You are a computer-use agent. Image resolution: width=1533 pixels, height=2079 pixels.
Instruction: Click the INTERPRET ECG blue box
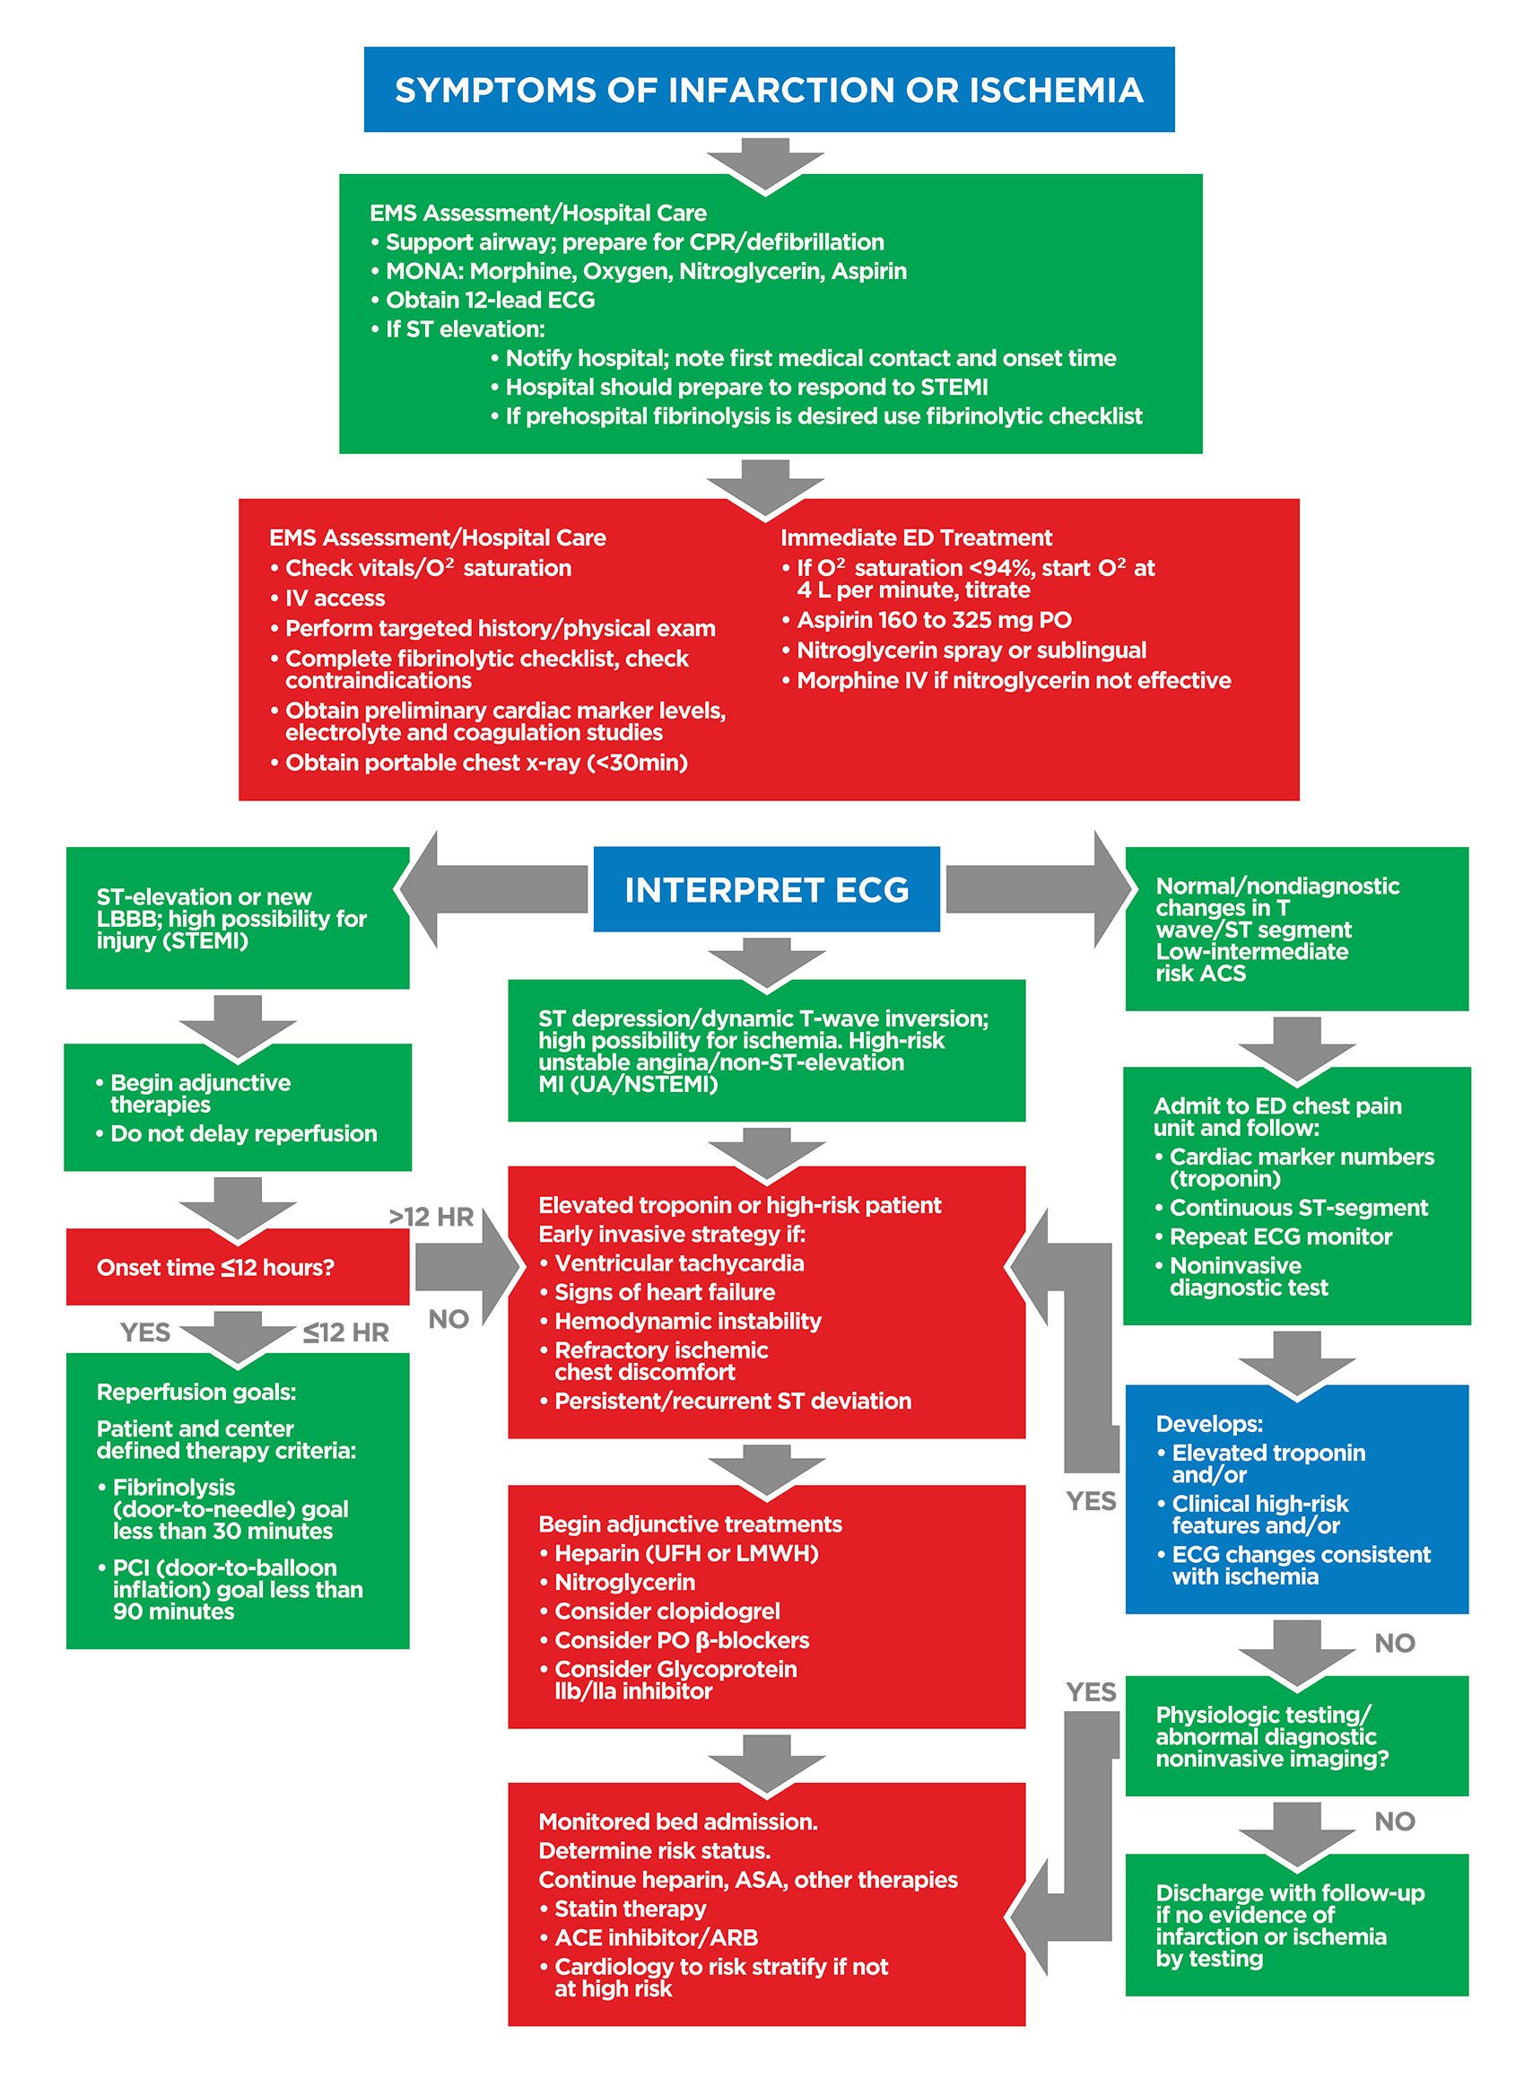(x=766, y=889)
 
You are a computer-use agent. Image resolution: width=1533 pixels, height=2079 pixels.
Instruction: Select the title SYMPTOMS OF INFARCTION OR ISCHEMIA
(x=769, y=90)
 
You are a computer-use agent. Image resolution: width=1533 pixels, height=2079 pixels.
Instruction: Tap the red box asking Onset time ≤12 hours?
(x=238, y=1267)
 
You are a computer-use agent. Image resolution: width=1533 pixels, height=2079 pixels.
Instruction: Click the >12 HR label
(x=431, y=1217)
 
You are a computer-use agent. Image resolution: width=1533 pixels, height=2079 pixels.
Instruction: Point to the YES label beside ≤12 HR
(x=145, y=1332)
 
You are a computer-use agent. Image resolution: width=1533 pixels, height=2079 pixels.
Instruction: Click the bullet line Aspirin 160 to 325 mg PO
(x=934, y=620)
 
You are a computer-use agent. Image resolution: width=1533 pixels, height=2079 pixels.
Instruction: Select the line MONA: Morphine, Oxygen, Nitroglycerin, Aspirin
(x=646, y=271)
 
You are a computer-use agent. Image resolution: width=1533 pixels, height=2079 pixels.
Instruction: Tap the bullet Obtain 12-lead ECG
(x=490, y=300)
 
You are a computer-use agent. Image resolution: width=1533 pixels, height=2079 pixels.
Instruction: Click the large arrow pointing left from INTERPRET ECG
(x=492, y=889)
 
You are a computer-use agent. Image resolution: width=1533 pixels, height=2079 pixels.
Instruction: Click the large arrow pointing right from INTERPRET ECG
(x=1040, y=889)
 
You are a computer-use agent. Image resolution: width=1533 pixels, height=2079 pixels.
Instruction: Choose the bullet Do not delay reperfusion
(x=243, y=1133)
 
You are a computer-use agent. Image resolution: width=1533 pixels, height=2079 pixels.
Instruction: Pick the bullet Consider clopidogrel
(x=666, y=1612)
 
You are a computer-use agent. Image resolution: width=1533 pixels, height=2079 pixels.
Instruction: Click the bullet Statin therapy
(x=629, y=1909)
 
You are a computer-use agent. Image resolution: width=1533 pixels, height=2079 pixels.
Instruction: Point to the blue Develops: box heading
(x=1208, y=1424)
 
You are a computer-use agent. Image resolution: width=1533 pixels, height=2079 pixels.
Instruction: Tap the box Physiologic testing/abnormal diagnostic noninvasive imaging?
(x=1295, y=1736)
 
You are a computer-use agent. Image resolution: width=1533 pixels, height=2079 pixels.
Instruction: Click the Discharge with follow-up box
(x=1295, y=1925)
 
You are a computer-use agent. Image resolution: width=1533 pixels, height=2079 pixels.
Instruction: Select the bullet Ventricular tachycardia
(x=678, y=1263)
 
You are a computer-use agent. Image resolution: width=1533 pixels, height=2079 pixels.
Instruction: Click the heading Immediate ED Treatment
(x=916, y=537)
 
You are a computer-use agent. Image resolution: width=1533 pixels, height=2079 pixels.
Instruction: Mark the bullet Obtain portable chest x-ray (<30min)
(x=485, y=763)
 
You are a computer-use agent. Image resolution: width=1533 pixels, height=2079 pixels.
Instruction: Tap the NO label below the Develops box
(x=1394, y=1643)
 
